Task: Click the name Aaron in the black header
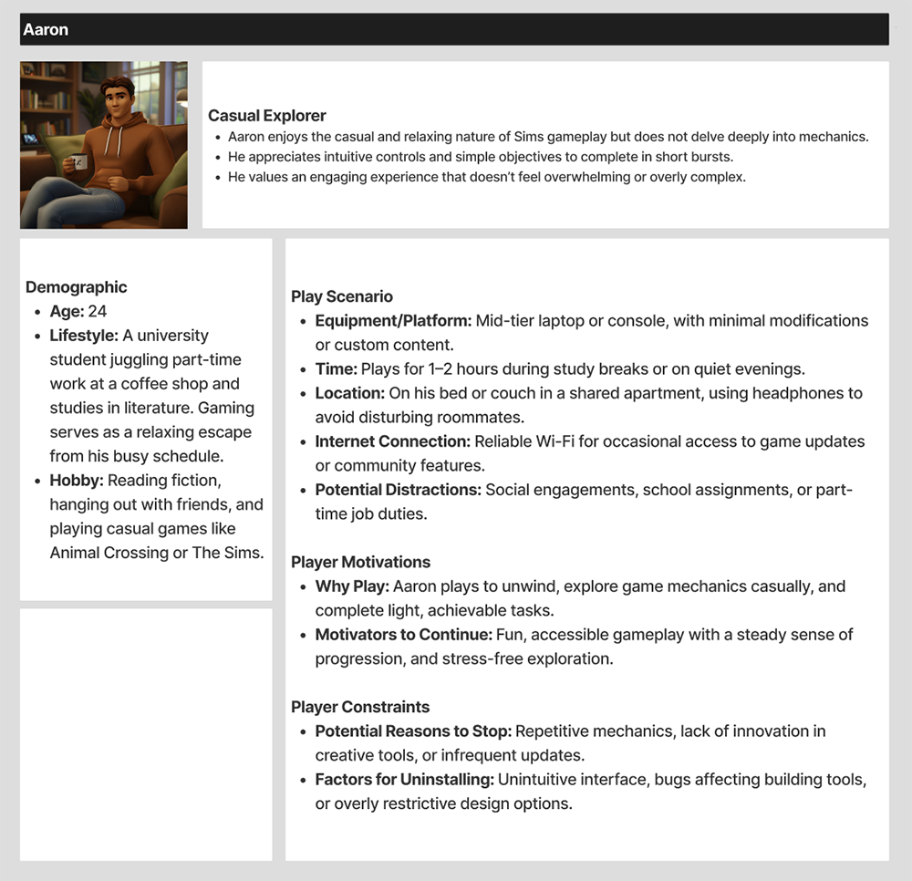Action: pos(46,30)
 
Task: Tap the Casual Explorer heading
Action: pos(266,116)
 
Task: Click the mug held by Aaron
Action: pos(79,162)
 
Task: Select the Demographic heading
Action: pos(76,287)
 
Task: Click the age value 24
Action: pos(97,312)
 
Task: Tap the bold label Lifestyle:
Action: pos(84,336)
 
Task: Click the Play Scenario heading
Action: pos(342,296)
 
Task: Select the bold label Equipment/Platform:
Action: pos(393,321)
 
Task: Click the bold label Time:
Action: pos(336,369)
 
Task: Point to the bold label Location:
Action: pos(350,393)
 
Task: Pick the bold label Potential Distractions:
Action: pos(398,490)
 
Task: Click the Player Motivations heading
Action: pos(360,562)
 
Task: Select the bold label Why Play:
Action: pos(352,586)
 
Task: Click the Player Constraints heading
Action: pos(359,707)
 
